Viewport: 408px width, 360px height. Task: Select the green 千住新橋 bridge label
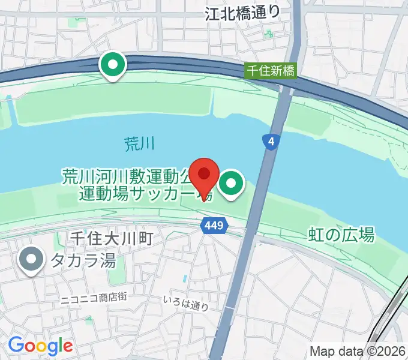pyautogui.click(x=271, y=71)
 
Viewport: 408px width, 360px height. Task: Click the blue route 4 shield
pyautogui.click(x=272, y=142)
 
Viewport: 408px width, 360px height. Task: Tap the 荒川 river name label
pyautogui.click(x=140, y=143)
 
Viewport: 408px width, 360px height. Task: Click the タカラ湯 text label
pyautogui.click(x=82, y=261)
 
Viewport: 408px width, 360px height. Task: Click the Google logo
pyautogui.click(x=40, y=346)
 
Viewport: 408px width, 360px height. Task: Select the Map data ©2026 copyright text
pyautogui.click(x=358, y=351)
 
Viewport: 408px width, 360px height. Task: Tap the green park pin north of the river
pyautogui.click(x=113, y=65)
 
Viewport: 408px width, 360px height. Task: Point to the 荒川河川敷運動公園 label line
pyautogui.click(x=132, y=177)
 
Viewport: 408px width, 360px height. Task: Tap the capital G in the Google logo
pyautogui.click(x=17, y=345)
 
